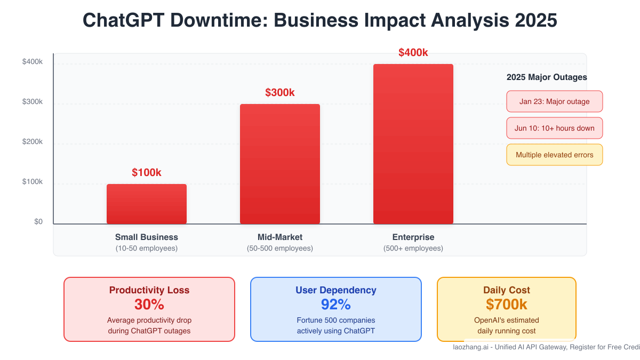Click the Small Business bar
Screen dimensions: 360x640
147,204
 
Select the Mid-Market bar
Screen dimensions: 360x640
280,164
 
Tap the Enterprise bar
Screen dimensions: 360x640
413,144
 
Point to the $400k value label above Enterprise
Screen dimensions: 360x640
413,53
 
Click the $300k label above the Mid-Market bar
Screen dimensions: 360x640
280,93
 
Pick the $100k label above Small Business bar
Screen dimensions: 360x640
147,173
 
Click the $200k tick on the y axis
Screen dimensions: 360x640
32,142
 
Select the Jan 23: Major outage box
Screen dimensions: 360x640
555,101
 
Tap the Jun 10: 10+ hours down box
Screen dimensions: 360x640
555,128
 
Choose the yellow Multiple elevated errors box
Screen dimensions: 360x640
555,155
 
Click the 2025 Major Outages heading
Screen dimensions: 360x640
547,77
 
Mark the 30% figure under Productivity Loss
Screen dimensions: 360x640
149,305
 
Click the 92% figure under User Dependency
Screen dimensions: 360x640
336,305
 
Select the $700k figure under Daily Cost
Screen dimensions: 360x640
507,305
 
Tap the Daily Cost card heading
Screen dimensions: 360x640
507,290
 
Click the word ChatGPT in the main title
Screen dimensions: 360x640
130,20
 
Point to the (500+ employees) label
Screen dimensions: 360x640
413,249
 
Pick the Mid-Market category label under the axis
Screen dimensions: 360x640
280,237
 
